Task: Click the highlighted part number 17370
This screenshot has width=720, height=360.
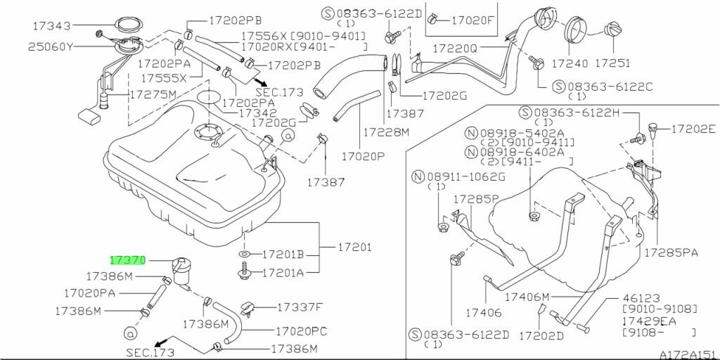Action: pyautogui.click(x=128, y=261)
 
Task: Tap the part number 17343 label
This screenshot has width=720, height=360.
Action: pyautogui.click(x=52, y=26)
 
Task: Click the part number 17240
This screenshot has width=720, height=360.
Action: pyautogui.click(x=570, y=63)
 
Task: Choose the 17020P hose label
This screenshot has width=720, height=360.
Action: pyautogui.click(x=362, y=157)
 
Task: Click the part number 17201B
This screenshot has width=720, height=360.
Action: pyautogui.click(x=283, y=255)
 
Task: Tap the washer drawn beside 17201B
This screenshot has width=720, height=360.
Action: pyautogui.click(x=244, y=254)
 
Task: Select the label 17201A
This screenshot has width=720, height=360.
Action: pyautogui.click(x=283, y=274)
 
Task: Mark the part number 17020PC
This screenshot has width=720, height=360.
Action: pyautogui.click(x=302, y=330)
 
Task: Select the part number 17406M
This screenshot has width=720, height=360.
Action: pyautogui.click(x=527, y=297)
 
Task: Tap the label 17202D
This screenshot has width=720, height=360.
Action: pyautogui.click(x=541, y=337)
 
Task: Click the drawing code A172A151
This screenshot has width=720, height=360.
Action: pyautogui.click(x=689, y=355)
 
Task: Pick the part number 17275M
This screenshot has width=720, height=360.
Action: pyautogui.click(x=153, y=95)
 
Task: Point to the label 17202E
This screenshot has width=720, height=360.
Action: pyautogui.click(x=693, y=129)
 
